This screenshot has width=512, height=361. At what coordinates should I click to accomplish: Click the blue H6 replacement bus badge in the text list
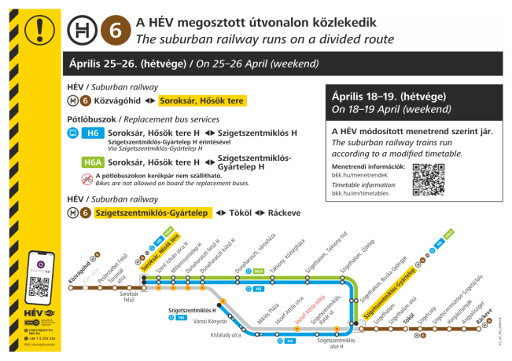click(x=95, y=134)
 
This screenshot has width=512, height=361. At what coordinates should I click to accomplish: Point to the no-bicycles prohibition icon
click(x=87, y=179)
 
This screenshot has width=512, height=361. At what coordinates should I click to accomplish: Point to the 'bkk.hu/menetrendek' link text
click(x=358, y=176)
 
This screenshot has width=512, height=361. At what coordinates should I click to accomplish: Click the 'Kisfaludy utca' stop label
click(x=227, y=335)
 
